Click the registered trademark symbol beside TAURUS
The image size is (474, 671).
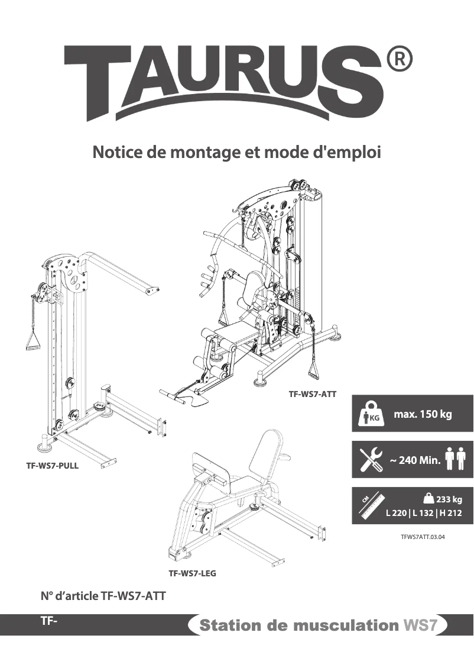(x=399, y=60)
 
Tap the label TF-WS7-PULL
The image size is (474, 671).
(x=52, y=466)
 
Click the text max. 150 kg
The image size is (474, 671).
(x=423, y=414)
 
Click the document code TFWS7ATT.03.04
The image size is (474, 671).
(x=422, y=538)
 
